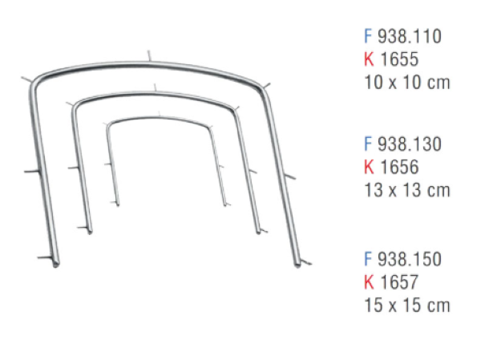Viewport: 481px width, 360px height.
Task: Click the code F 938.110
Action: (402, 36)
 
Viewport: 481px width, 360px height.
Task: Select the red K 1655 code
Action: (398, 59)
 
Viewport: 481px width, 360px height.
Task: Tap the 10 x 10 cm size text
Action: (406, 82)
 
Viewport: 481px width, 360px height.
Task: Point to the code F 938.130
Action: (402, 144)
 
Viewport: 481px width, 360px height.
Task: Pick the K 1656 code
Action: (398, 167)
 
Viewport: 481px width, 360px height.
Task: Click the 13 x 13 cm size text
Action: (406, 190)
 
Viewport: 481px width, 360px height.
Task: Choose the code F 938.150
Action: (402, 259)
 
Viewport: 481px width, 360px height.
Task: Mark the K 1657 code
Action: (398, 281)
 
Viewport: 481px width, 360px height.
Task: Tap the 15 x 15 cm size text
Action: (406, 305)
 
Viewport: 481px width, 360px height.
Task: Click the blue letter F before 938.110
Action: (368, 36)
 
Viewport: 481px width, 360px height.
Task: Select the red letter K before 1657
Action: (369, 281)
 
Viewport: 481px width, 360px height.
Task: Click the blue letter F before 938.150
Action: (368, 259)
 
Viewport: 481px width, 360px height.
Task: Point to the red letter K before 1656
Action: (369, 167)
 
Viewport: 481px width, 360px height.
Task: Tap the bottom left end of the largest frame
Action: (56, 264)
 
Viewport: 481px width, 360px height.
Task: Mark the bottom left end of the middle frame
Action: (89, 230)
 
